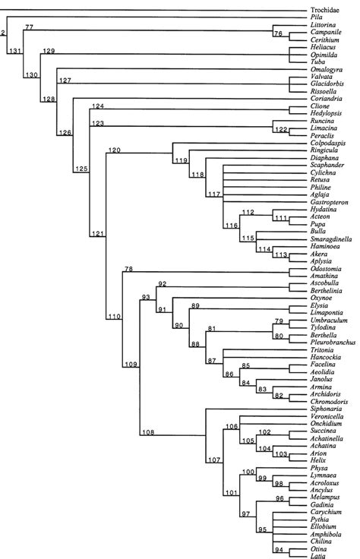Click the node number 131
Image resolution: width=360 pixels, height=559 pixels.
(x=14, y=52)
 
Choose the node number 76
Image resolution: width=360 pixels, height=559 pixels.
(x=278, y=33)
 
